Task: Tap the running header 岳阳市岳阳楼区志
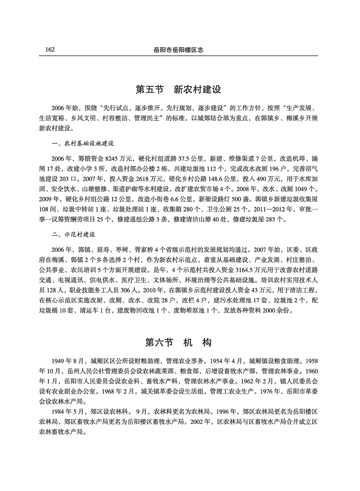tap(178, 50)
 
